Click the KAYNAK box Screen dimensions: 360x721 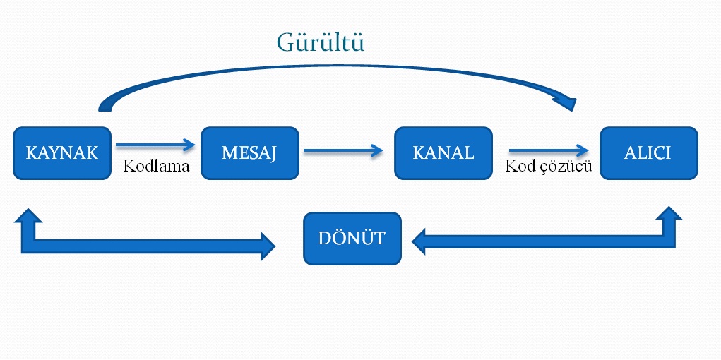62,153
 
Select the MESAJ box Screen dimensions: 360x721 250,153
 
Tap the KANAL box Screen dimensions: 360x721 443,153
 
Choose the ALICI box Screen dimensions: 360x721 648,153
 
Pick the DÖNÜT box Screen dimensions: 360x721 352,239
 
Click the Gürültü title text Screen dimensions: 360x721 320,43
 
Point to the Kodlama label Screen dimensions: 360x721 156,167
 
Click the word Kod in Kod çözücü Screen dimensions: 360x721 518,167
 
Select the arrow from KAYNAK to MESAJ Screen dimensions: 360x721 155,145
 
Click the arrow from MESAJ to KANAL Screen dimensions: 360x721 343,150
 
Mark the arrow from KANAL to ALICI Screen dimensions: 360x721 549,150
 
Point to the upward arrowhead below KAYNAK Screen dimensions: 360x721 27,217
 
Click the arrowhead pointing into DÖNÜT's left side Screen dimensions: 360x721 266,245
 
